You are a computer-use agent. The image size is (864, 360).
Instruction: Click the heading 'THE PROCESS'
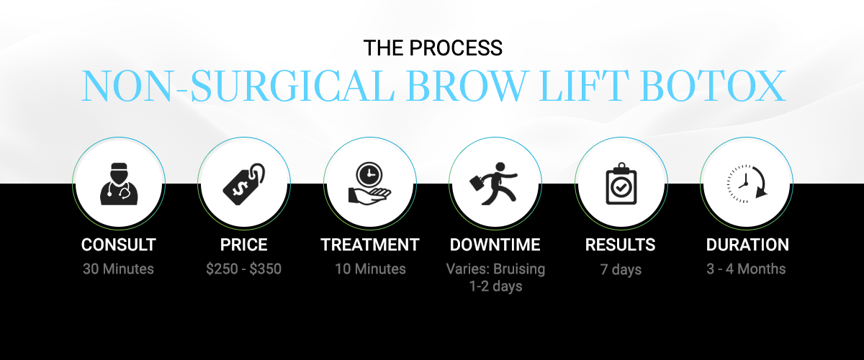pos(433,48)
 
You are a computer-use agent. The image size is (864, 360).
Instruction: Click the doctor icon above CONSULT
pos(119,184)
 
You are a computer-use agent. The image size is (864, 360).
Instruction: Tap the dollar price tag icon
pos(244,184)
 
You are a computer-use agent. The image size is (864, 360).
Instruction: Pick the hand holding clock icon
pos(369,184)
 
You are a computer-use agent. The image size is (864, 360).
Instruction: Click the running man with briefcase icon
pos(493,184)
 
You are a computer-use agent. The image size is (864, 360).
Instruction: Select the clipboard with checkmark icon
pos(621,184)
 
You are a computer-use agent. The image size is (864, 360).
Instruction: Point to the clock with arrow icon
pos(747,184)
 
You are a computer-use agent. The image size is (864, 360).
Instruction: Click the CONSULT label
pos(118,245)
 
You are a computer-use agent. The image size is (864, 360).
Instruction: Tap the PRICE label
pos(244,245)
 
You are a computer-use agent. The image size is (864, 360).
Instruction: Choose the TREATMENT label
pos(370,245)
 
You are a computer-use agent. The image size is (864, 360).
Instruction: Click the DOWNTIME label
pos(495,245)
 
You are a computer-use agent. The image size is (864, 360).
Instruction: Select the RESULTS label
pos(620,245)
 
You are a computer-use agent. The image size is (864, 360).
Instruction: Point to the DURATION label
pos(747,245)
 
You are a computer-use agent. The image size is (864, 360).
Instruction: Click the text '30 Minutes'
pos(118,269)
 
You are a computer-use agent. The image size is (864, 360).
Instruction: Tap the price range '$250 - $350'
pos(244,269)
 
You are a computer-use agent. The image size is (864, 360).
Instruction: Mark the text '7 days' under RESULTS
pos(621,270)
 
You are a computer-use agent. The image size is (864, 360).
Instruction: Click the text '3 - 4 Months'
pos(746,269)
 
